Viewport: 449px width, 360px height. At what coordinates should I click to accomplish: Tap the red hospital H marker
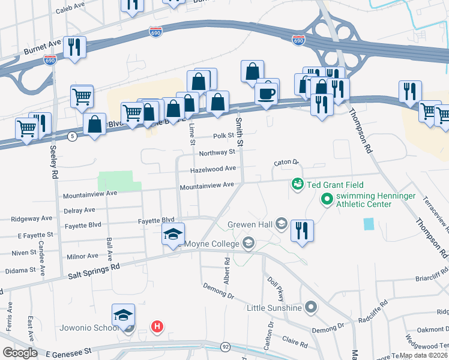point(157,326)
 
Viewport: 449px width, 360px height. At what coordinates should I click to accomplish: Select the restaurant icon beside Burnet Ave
point(74,47)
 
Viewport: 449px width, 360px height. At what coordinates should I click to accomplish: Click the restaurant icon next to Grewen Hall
point(302,230)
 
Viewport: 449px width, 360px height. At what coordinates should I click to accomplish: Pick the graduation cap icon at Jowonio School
point(124,315)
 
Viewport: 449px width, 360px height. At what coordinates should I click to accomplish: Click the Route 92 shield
point(225,346)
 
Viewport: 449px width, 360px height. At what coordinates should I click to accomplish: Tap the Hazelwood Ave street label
point(212,170)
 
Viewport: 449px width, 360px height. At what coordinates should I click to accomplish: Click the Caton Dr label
point(286,163)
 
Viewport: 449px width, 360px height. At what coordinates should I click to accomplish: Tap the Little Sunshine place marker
point(310,308)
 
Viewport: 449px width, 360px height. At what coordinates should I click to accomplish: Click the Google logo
point(20,353)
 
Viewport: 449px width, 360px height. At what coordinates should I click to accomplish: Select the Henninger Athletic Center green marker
point(327,198)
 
